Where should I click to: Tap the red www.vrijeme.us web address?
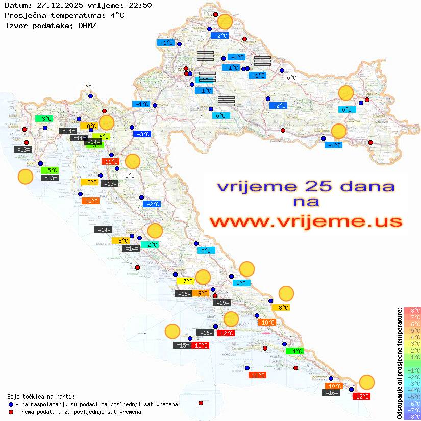point(305,222)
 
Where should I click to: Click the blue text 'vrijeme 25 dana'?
point(305,186)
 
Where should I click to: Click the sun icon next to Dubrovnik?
point(366,382)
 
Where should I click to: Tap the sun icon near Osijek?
point(346,93)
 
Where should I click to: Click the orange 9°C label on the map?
point(203,293)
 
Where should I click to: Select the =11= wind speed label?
point(79,138)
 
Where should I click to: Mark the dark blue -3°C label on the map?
point(142,134)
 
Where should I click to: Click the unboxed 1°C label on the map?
point(87,88)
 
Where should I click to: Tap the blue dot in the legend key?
point(11,404)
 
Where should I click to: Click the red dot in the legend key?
point(11,412)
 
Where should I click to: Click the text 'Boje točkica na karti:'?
point(41,397)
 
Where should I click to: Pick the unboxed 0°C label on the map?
point(291,78)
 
